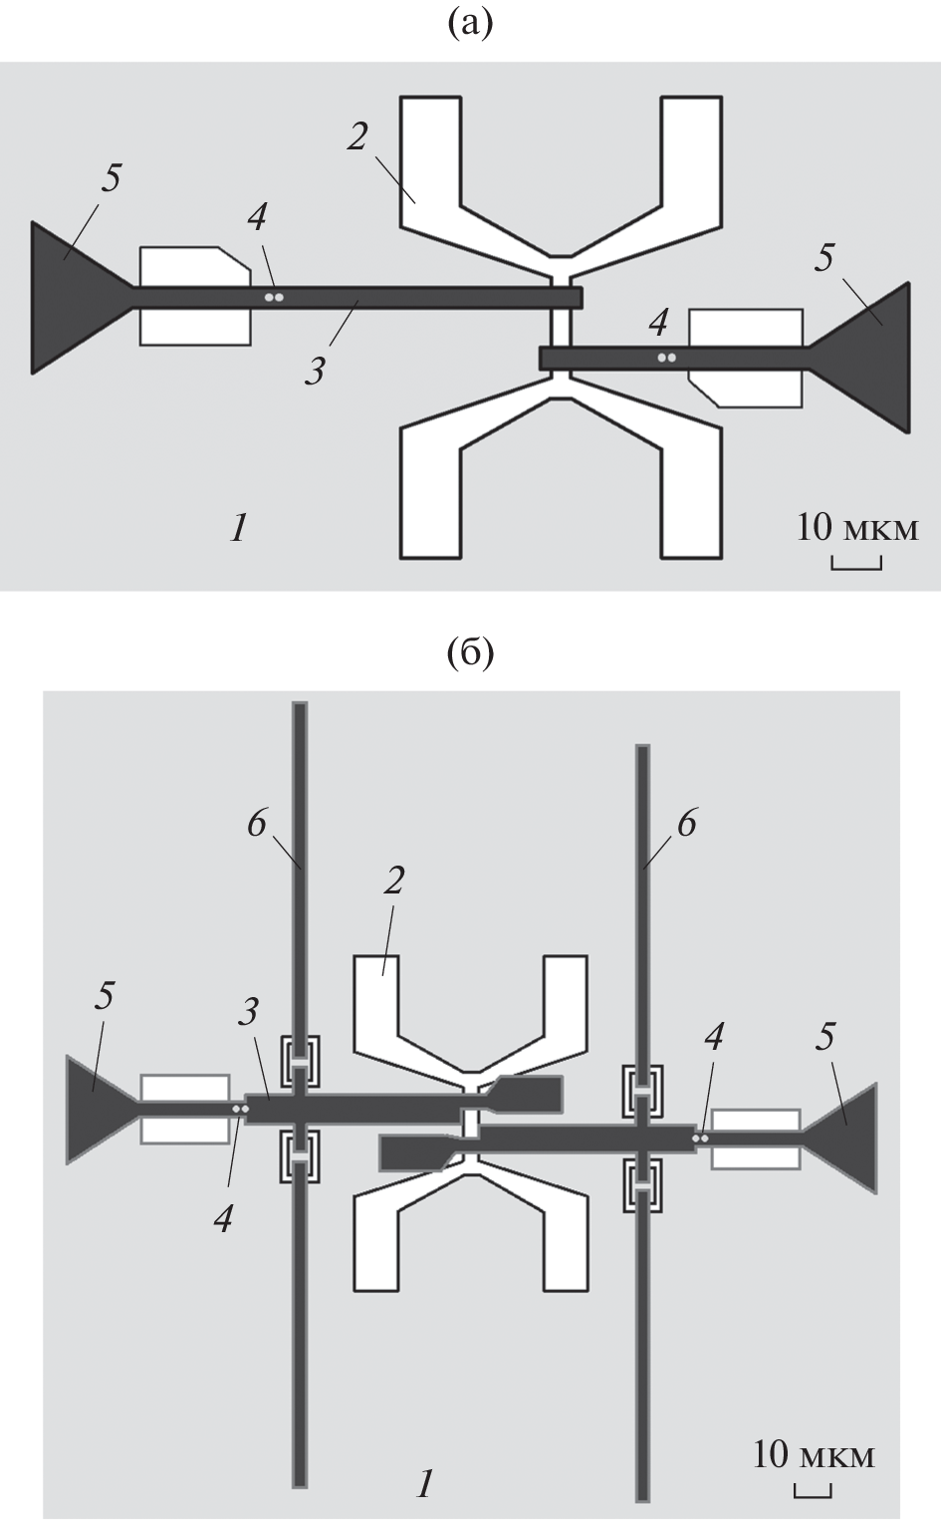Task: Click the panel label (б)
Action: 470,652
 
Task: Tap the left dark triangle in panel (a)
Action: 76,297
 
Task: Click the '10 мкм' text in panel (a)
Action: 856,528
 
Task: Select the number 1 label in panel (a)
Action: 237,528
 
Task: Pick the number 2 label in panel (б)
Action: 394,881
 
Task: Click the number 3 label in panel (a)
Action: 315,372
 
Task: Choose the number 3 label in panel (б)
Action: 249,1012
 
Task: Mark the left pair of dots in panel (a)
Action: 274,297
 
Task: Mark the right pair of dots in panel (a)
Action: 666,357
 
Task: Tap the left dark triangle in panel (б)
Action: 97,1109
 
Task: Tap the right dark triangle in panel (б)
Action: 847,1136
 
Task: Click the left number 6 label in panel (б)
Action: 258,825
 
